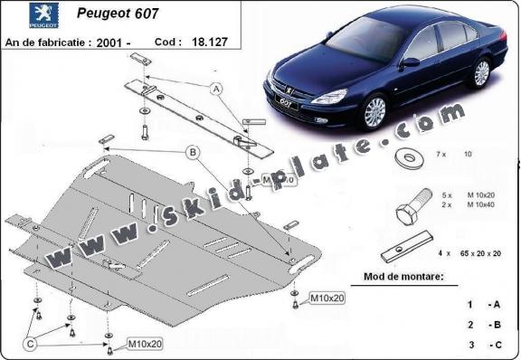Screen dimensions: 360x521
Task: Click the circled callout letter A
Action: (x=216, y=89)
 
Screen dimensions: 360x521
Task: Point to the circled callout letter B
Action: (x=193, y=153)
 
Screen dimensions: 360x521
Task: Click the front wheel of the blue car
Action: (x=375, y=112)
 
